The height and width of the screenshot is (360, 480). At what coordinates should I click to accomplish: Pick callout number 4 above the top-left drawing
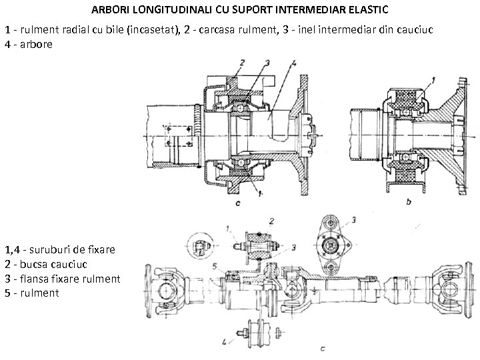[293, 63]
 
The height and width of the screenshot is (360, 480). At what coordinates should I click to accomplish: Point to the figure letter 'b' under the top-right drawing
[409, 201]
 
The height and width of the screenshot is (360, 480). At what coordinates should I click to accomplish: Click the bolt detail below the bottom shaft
[255, 331]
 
